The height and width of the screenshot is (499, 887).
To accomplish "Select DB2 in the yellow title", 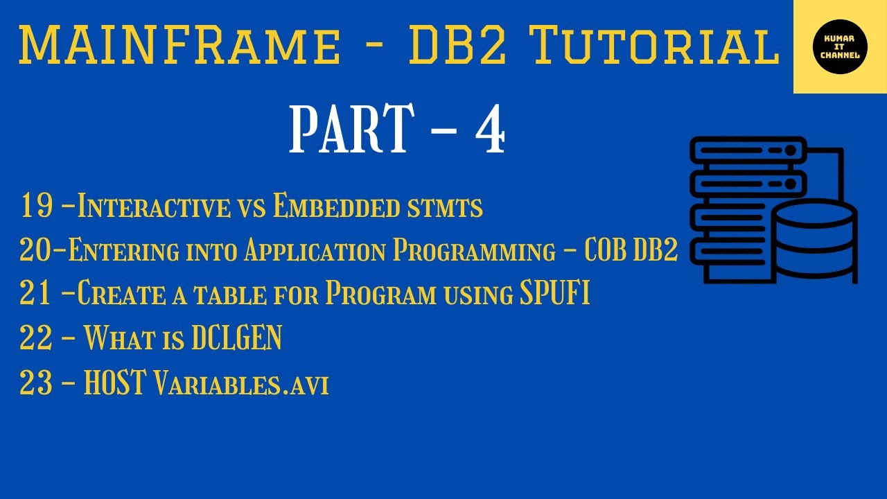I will pos(462,46).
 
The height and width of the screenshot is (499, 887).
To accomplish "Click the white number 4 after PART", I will pos(489,129).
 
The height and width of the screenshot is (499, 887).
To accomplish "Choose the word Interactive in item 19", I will pos(153,207).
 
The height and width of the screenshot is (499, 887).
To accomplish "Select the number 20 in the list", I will pos(34,251).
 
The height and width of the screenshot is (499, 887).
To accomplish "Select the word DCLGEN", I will pos(236,339).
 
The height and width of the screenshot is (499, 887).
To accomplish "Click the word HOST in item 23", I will pos(114,383).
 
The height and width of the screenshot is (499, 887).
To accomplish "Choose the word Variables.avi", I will pos(240,384).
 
